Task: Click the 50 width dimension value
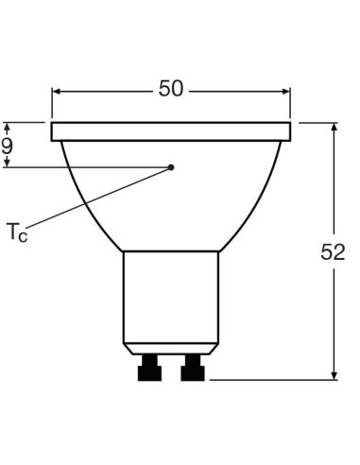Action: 171,89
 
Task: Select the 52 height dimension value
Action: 333,252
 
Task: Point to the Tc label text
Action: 17,231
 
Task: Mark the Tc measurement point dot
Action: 171,167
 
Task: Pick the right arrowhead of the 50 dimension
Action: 285,92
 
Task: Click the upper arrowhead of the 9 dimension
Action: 8,126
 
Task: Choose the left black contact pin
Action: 149,367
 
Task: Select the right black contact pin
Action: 194,367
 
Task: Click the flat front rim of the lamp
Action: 171,130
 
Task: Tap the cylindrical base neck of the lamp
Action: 171,298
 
